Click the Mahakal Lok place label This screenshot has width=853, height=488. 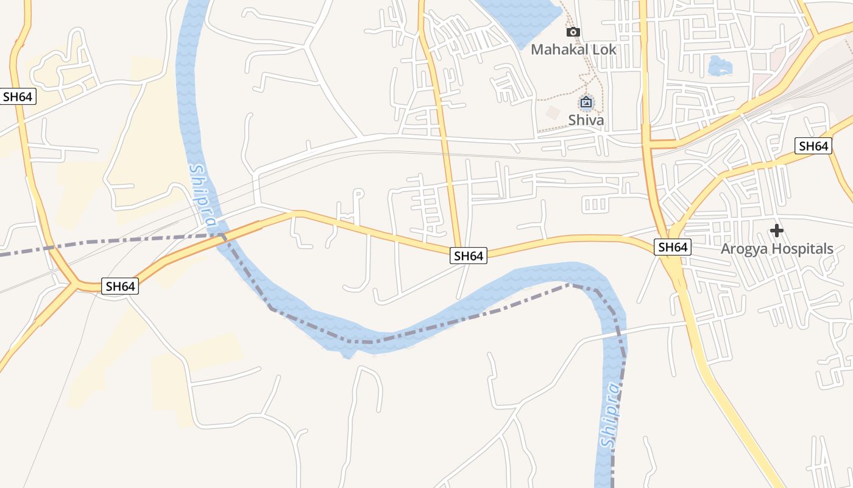coord(573,49)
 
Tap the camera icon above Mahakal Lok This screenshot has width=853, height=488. coord(573,32)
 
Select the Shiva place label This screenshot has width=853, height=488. coord(586,120)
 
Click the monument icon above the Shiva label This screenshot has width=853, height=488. coord(586,102)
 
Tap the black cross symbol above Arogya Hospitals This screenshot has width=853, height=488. coord(776,231)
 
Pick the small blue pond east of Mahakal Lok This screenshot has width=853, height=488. coord(719,65)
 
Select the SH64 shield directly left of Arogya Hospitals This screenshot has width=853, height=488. coord(673,247)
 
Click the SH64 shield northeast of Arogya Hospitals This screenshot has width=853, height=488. coord(813,146)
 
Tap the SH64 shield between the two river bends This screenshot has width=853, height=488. coord(469,256)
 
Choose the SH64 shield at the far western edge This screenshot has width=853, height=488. coord(18,96)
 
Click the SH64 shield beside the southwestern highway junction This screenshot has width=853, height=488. coord(120,286)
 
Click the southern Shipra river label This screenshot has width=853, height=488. coord(610,415)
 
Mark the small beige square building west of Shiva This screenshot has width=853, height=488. coord(553,113)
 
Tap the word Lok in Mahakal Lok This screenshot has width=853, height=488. coord(603,49)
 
